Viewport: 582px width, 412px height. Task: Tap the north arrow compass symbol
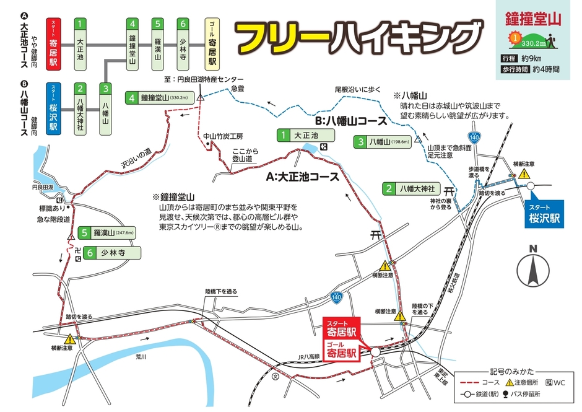tap(533, 268)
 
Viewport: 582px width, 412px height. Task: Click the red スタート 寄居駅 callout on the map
tap(343, 327)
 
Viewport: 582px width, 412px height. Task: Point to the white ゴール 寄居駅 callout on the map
tap(343, 350)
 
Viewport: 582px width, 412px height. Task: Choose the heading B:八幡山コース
tap(350, 121)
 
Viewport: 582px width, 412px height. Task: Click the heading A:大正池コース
tap(302, 177)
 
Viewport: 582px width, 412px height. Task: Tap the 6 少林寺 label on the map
tap(113, 253)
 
